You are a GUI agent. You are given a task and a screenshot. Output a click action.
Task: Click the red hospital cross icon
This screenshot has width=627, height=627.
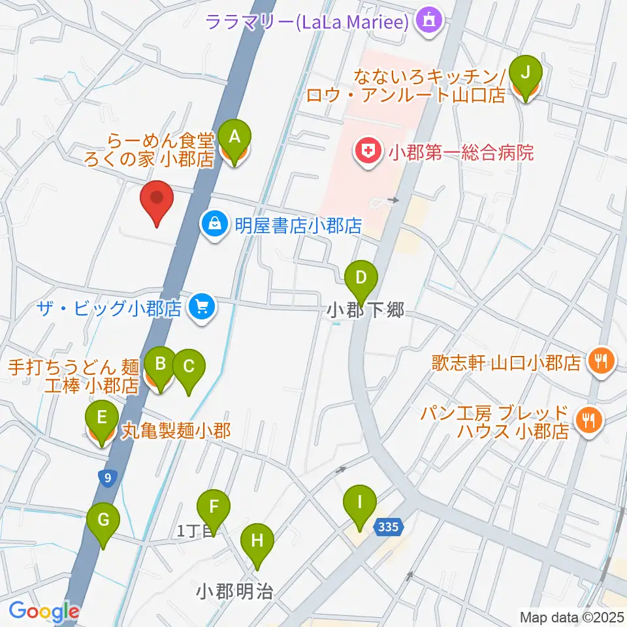(x=368, y=153)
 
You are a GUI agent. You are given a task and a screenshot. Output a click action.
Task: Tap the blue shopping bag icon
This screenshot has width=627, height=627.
(x=213, y=226)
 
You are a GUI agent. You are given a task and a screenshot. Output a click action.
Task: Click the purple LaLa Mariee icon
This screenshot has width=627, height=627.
(x=430, y=21)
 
